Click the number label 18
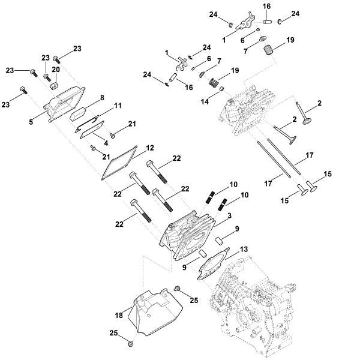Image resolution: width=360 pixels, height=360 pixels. point(119,315)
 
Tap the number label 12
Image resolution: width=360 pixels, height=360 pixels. point(150,148)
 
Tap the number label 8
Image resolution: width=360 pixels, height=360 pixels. point(102,97)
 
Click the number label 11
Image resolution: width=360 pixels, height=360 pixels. point(118,105)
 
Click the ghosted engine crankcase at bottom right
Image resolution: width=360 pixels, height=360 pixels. point(252,300)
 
